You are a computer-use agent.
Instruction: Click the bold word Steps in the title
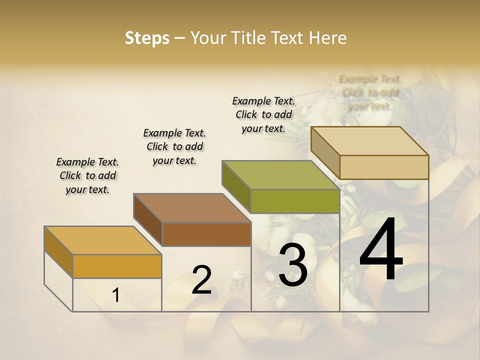[x=147, y=38]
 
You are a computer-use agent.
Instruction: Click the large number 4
[x=381, y=251]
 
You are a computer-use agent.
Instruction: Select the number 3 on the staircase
[x=293, y=265]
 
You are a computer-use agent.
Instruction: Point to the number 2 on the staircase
[x=201, y=280]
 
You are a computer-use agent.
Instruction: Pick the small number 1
[x=116, y=295]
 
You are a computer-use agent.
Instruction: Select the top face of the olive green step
[x=281, y=175]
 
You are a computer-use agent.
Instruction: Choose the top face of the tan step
[x=370, y=141]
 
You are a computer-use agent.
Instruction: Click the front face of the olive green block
[x=295, y=201]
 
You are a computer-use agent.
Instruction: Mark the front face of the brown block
[x=206, y=234]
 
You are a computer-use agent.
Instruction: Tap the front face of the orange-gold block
[x=117, y=266]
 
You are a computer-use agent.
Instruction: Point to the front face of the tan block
[x=384, y=167]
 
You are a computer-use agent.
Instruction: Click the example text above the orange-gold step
[x=87, y=175]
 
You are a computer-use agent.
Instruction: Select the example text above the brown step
[x=174, y=146]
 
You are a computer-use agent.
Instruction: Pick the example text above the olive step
[x=263, y=114]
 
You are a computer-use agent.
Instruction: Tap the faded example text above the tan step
[x=370, y=92]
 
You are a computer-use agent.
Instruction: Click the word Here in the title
[x=328, y=38]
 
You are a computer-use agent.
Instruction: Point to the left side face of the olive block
[x=236, y=186]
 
